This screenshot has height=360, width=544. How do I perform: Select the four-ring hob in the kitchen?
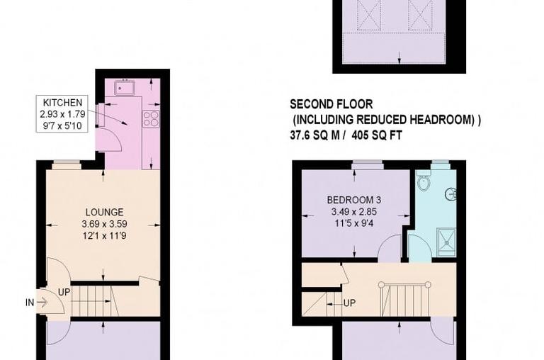tap(150, 119)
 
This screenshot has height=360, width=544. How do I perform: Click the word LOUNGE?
tap(104, 212)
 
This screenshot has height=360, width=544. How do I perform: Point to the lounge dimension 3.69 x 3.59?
tap(104, 224)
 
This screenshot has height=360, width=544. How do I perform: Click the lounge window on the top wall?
tap(67, 166)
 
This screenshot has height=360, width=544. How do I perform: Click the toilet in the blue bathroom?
tap(423, 184)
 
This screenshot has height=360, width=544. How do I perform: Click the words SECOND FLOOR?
tap(331, 104)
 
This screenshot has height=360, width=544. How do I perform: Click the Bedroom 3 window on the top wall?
tap(368, 166)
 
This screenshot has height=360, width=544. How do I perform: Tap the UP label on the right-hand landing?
tap(349, 303)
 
